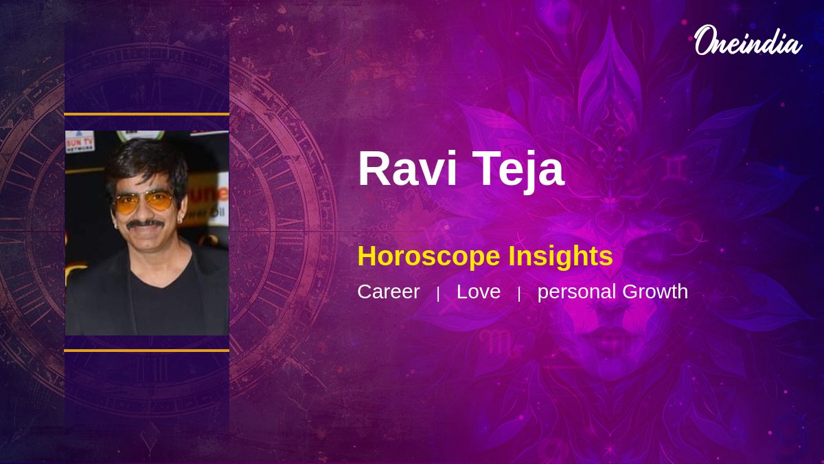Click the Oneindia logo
point(747,41)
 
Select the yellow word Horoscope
point(429,256)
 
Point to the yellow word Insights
point(560,256)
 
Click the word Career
point(388,291)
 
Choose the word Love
point(478,291)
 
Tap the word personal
point(577,292)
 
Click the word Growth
point(655,291)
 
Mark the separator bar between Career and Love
point(438,294)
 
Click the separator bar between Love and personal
point(519,294)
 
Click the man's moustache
point(146,223)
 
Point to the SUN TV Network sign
point(80,142)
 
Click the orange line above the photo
point(146,114)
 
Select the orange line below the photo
point(146,351)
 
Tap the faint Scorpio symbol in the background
point(499,342)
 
